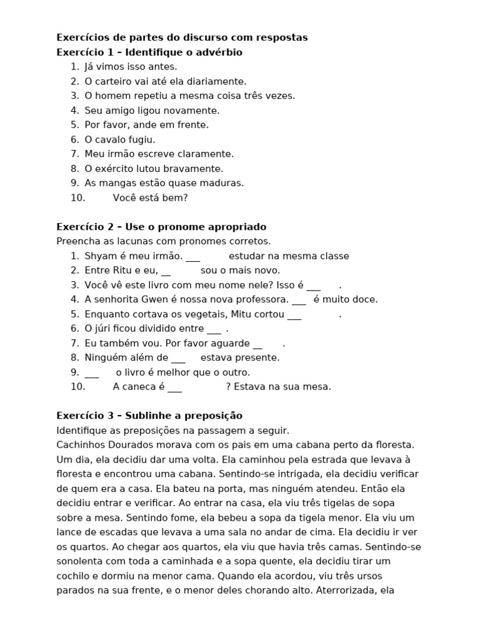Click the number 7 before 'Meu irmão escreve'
(74, 154)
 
